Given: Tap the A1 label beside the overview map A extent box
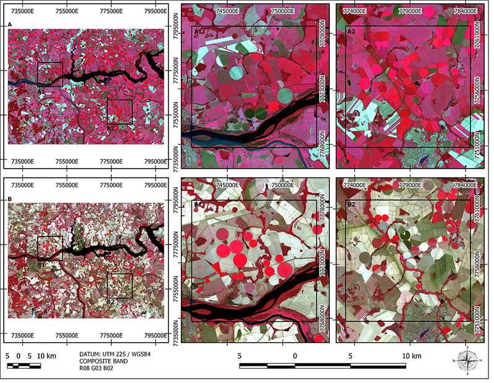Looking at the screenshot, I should coord(41,91).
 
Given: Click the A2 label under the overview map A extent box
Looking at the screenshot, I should coord(111,128).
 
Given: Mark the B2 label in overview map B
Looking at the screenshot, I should coord(111,301).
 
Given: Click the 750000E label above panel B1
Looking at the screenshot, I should coord(282,185).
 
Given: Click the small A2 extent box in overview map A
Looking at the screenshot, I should coord(120,112).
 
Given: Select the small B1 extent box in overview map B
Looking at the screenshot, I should coord(50,248).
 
